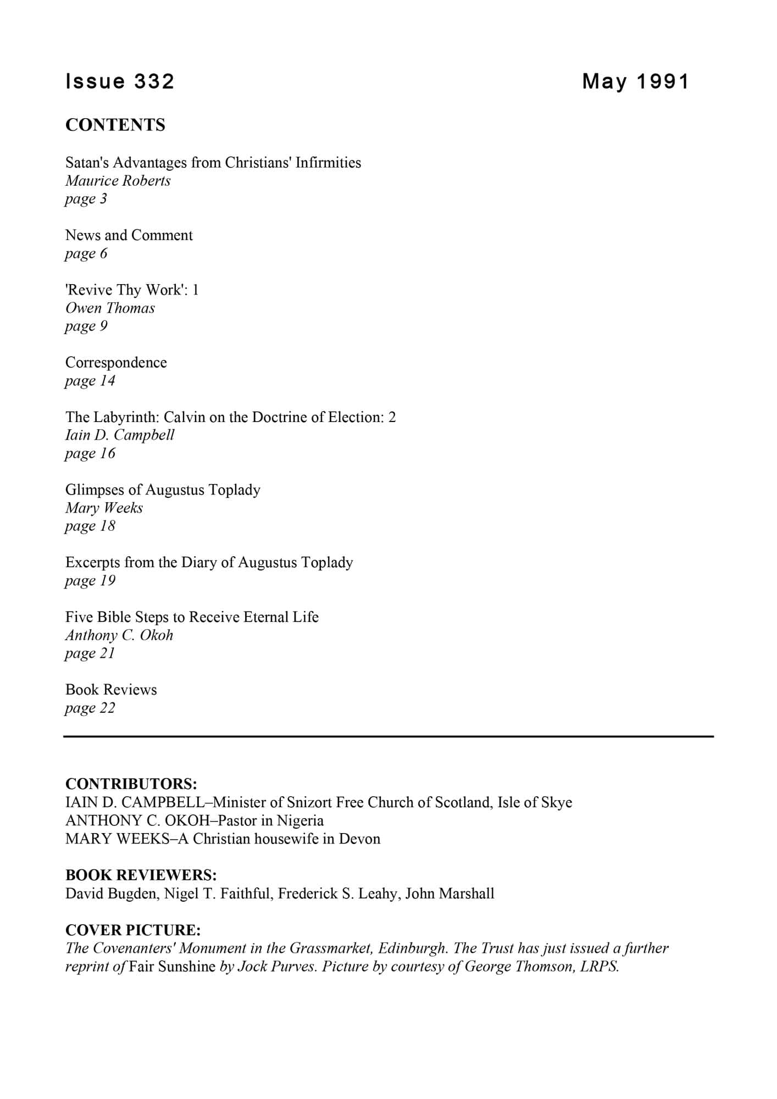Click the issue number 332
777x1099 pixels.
click(153, 81)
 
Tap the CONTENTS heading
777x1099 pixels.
click(115, 125)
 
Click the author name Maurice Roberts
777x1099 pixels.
click(118, 181)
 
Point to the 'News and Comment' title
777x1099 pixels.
click(129, 235)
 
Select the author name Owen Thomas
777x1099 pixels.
click(110, 308)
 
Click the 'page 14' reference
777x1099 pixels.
click(90, 381)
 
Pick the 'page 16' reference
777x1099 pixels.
click(90, 453)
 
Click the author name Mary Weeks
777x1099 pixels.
click(104, 508)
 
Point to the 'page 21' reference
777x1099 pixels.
click(90, 653)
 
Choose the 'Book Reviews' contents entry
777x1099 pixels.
click(111, 690)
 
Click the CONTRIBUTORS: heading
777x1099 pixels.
click(131, 784)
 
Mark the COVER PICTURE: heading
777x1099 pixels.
click(133, 930)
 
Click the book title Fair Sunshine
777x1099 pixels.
click(172, 967)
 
